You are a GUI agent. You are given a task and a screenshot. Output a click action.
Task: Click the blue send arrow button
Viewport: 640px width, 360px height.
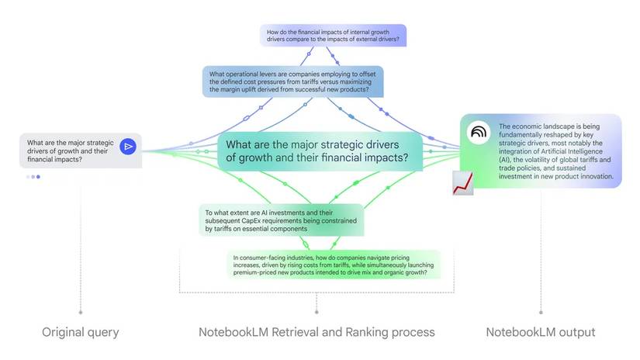[128, 146]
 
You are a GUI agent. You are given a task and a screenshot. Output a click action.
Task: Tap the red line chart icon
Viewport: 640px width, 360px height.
[463, 183]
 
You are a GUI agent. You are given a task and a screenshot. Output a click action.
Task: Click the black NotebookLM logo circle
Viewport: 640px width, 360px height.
[478, 133]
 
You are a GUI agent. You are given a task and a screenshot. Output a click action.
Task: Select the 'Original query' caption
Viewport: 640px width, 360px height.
[80, 332]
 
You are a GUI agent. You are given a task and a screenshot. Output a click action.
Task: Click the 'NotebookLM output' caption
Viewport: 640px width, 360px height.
[541, 332]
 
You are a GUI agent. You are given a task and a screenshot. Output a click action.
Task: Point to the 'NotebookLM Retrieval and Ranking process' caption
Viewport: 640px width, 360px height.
[316, 332]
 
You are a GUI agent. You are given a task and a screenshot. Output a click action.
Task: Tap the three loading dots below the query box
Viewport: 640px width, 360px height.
[33, 177]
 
